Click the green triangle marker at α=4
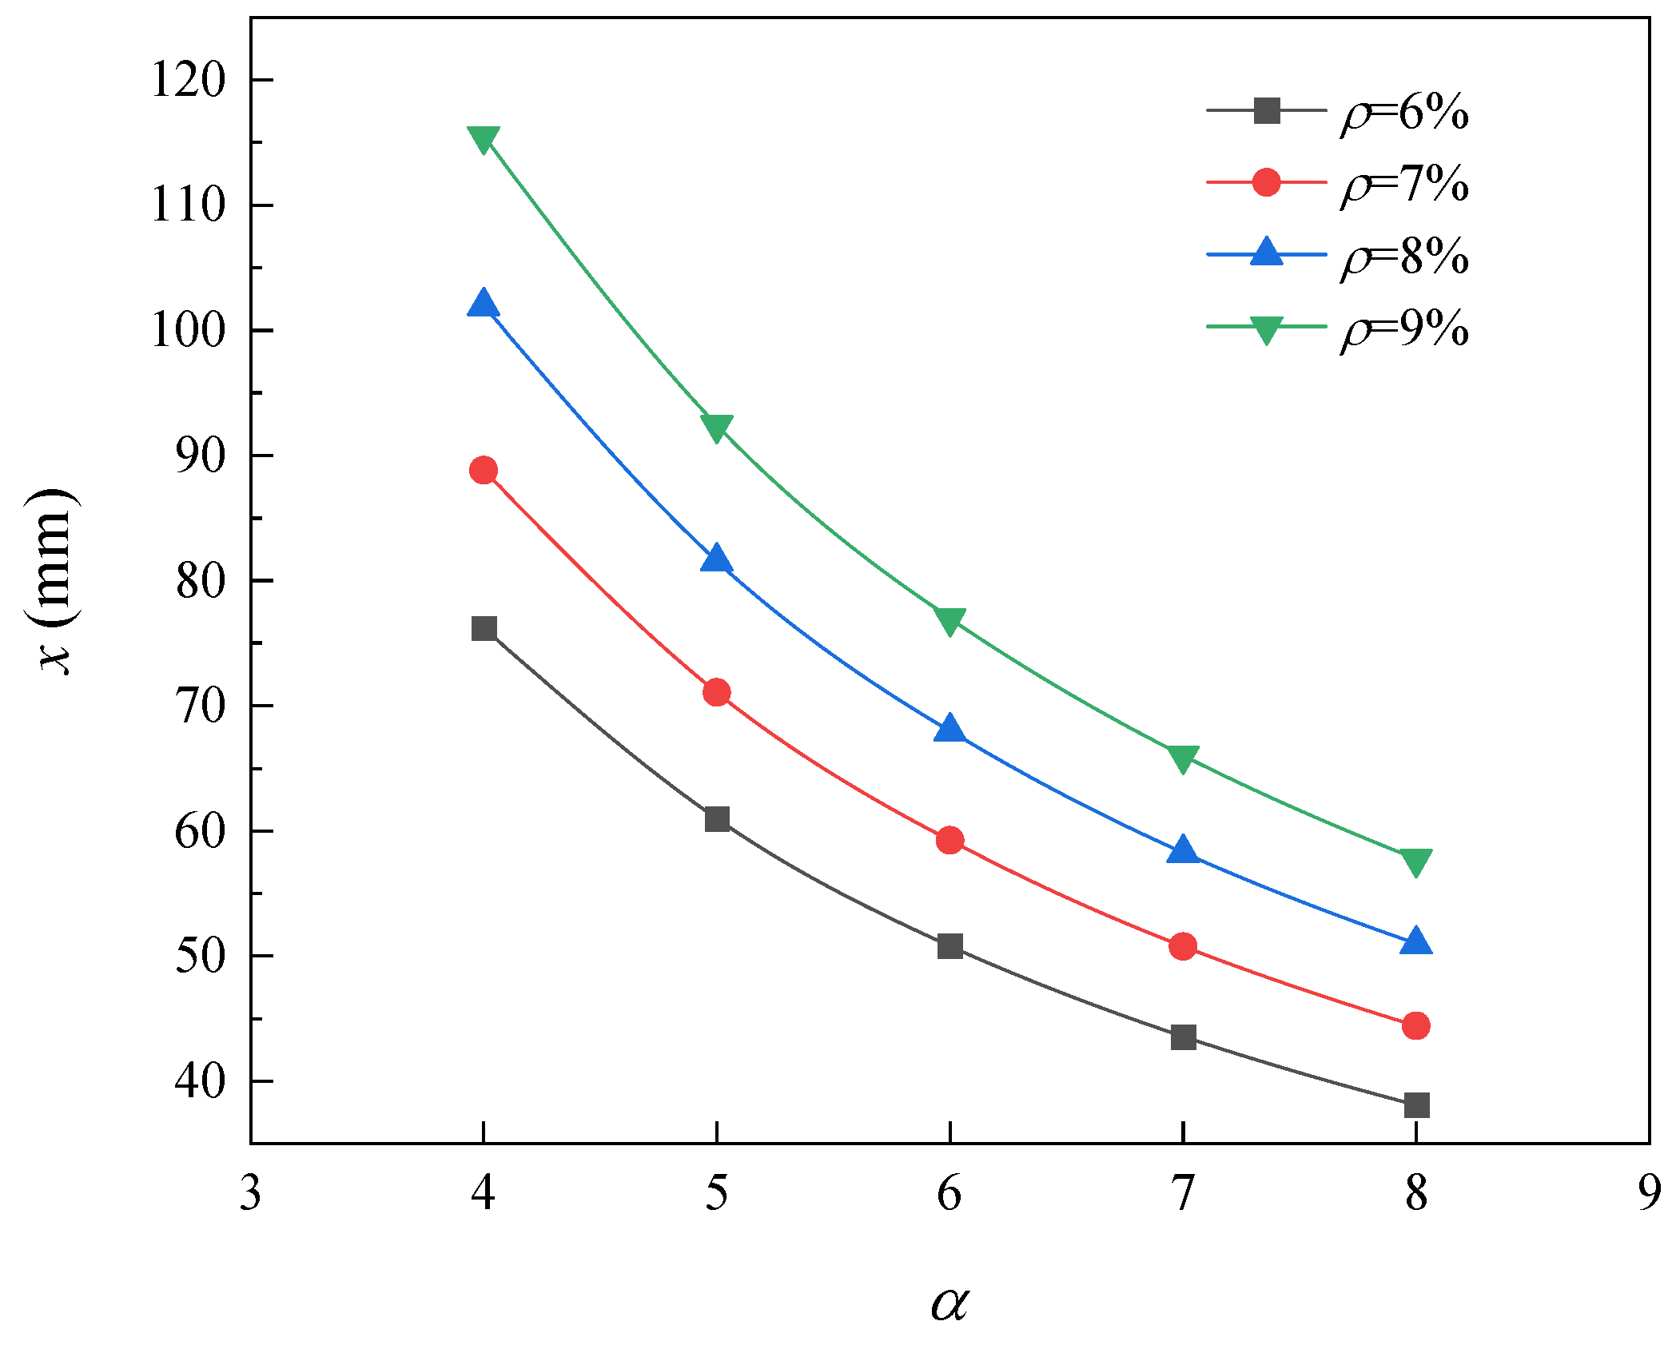[484, 138]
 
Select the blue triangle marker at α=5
[717, 559]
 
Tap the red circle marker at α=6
[949, 840]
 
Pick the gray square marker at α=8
[1416, 1105]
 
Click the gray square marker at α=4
[484, 629]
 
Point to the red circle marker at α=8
[1416, 1025]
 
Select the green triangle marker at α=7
[1183, 758]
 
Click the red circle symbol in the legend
[1267, 182]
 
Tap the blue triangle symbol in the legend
[1267, 253]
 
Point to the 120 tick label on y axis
[189, 80]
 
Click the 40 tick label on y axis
[200, 1080]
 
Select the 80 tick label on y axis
[200, 580]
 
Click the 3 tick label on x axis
[251, 1194]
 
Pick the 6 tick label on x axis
[949, 1194]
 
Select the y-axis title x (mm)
[54, 581]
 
